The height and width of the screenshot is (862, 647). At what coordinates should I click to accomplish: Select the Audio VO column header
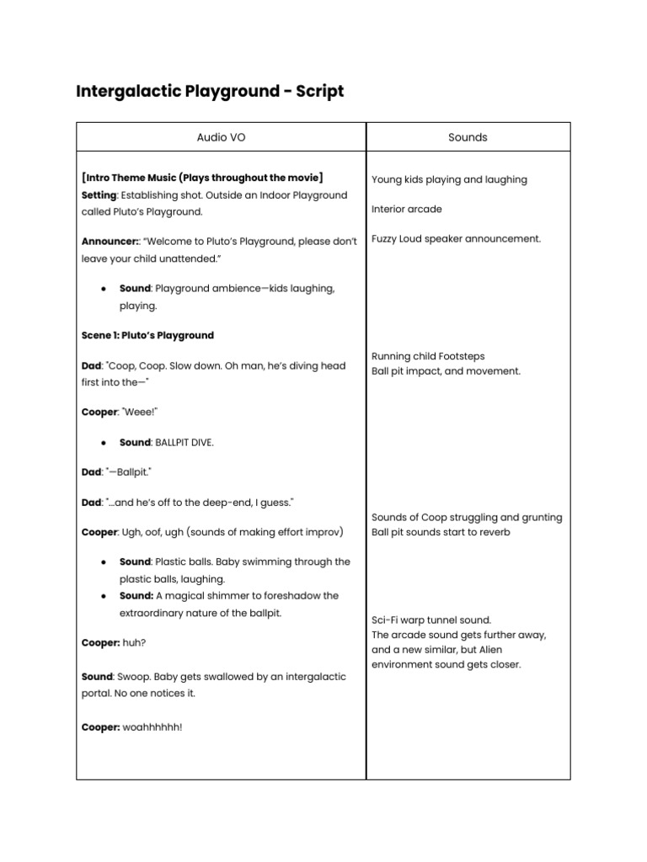(x=222, y=137)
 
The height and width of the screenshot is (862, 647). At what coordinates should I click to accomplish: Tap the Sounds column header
(x=468, y=137)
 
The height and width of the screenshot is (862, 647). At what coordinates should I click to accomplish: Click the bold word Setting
(x=99, y=195)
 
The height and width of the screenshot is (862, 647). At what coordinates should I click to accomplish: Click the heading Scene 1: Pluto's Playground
(x=147, y=335)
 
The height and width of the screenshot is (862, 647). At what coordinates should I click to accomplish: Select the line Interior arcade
(x=406, y=209)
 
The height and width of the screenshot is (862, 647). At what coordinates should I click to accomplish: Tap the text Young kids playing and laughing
(x=449, y=179)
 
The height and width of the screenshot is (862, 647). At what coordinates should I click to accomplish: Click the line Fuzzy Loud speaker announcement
(x=456, y=239)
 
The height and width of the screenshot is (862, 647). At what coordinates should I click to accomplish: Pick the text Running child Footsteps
(x=428, y=356)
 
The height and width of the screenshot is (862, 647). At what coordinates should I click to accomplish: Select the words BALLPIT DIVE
(x=179, y=442)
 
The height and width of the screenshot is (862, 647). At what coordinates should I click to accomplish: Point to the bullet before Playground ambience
(x=103, y=289)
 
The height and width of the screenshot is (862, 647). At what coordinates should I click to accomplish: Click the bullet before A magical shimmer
(x=103, y=596)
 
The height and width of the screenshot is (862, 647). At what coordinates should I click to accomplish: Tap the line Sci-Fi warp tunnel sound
(x=430, y=620)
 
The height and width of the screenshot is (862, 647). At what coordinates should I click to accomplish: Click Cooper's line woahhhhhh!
(x=152, y=727)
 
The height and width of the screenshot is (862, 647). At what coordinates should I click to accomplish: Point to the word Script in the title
(x=317, y=91)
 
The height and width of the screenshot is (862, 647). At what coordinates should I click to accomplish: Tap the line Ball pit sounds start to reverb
(x=441, y=532)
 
